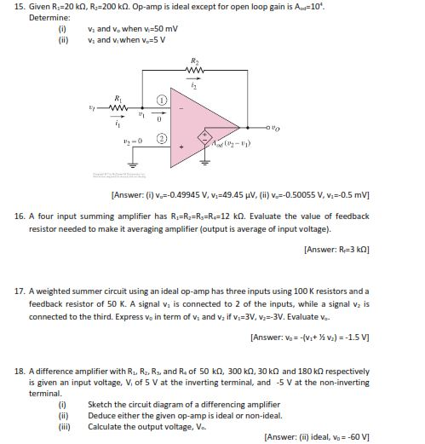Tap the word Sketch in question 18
101,404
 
